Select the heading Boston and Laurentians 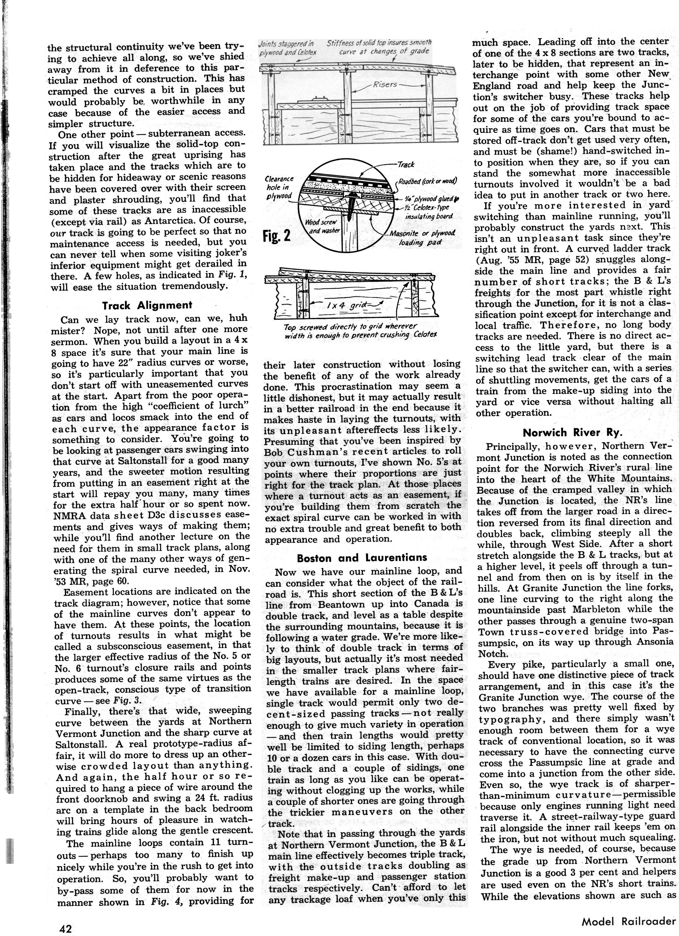[362, 557]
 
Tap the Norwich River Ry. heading [572, 432]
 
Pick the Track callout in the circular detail [405, 164]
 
